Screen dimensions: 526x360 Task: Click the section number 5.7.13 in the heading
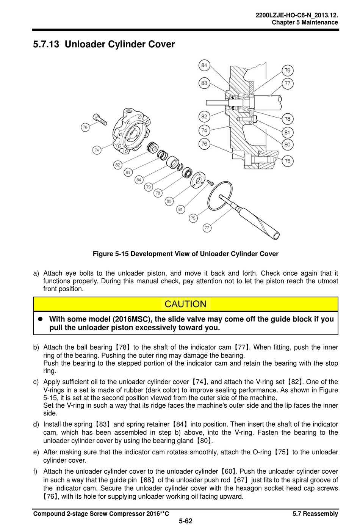pos(46,44)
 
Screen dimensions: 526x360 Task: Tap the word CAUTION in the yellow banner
pos(185,304)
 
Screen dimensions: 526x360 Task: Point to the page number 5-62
pos(185,521)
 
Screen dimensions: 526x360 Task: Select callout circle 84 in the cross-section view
pos(205,65)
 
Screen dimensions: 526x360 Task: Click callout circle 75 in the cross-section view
pos(288,161)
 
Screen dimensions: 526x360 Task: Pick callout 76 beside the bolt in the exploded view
pos(85,127)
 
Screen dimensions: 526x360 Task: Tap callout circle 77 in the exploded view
pos(207,228)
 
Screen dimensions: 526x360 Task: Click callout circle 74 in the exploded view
pos(97,150)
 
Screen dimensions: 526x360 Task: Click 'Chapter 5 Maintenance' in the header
pos(305,22)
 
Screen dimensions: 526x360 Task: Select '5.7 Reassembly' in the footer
pos(315,514)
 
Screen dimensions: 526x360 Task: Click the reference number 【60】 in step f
pos(228,471)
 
